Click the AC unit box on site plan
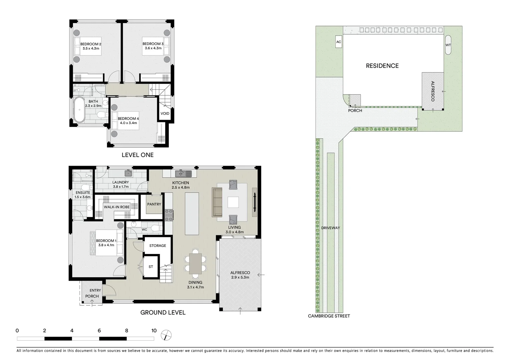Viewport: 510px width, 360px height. (339, 42)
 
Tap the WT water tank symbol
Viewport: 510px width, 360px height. (448, 45)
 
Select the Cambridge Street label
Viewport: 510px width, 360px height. (329, 316)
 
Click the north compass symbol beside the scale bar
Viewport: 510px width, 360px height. (166, 335)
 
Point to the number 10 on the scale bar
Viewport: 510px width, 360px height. (154, 331)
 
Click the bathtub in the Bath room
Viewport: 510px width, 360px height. (80, 110)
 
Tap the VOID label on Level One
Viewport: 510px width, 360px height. (165, 113)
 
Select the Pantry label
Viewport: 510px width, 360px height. (154, 204)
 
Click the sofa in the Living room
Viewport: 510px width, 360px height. (217, 202)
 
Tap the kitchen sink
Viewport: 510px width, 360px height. (183, 174)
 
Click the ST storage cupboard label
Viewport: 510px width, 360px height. (151, 267)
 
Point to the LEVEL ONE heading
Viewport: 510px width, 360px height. (137, 155)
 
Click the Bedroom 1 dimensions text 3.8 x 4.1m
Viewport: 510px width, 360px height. (106, 245)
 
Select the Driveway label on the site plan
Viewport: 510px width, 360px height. (330, 228)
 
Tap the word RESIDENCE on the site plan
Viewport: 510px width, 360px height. (382, 66)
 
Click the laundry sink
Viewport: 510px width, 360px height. (128, 173)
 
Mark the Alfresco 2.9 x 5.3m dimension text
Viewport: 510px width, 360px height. (240, 277)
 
